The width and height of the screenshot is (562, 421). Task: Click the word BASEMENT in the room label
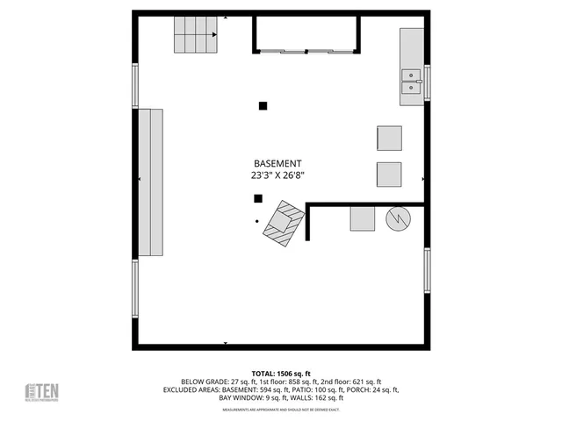point(277,164)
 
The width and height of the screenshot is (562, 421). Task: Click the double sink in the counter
point(411,82)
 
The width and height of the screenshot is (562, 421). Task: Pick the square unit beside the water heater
point(363,218)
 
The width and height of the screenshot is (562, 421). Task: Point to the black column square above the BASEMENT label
point(263,106)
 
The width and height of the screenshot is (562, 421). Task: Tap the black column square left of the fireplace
point(258,198)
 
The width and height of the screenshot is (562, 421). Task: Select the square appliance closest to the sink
point(389,139)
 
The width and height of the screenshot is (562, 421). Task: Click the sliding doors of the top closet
point(306,52)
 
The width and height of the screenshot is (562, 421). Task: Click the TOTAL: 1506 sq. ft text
point(280,373)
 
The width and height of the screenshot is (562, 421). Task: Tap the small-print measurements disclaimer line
point(280,410)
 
